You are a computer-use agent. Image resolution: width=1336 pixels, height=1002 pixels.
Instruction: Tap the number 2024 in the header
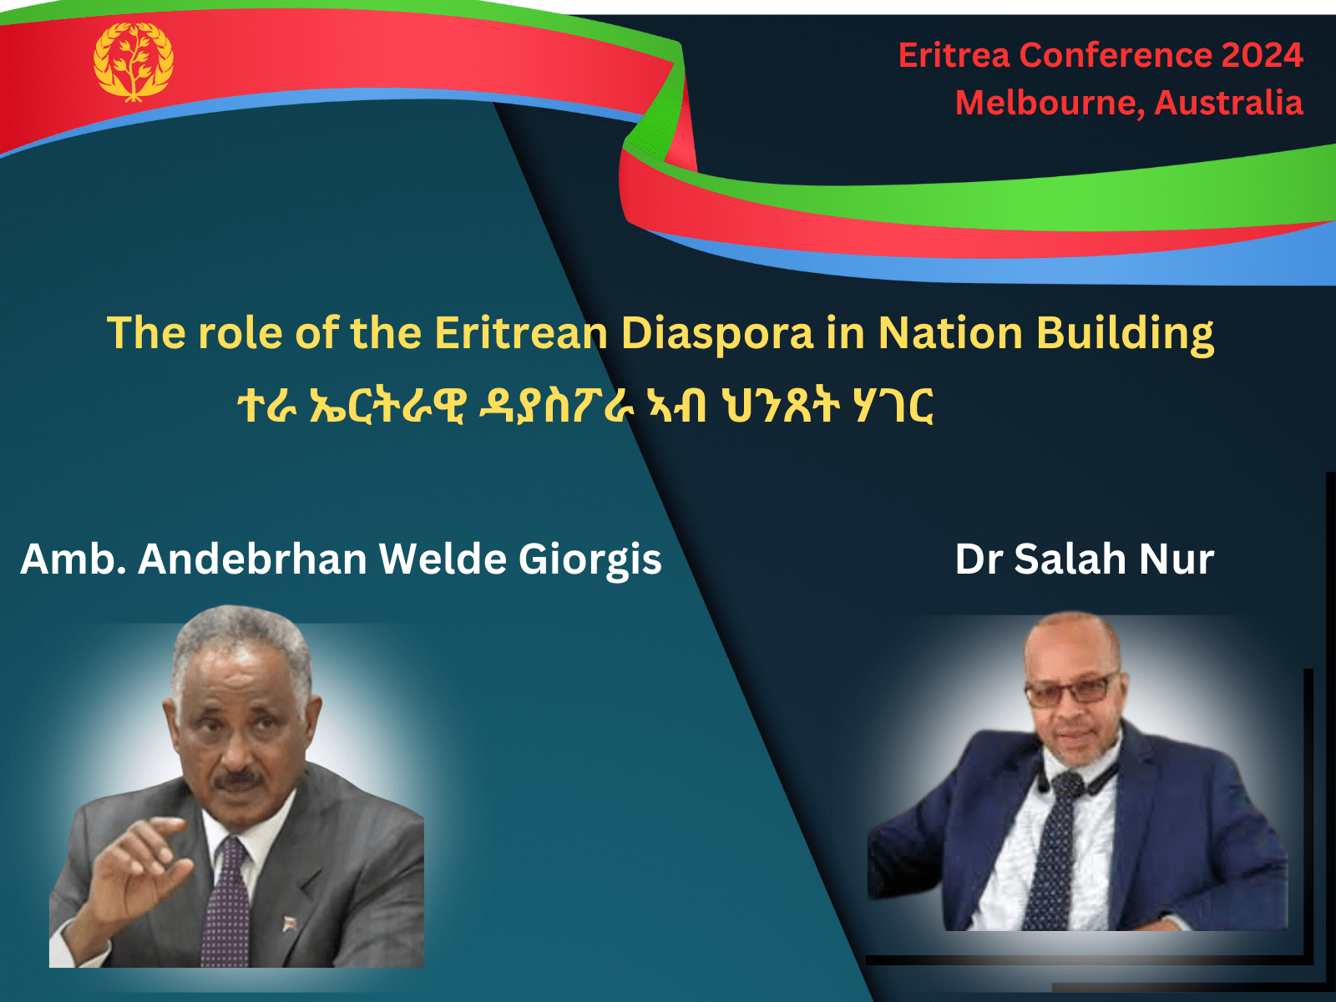(1262, 56)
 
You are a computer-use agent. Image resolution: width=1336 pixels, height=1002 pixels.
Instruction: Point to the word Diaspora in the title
(716, 333)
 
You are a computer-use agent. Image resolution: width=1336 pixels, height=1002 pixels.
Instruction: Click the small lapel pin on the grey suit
(290, 923)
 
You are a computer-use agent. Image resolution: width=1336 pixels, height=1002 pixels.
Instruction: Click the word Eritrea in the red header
(954, 56)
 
